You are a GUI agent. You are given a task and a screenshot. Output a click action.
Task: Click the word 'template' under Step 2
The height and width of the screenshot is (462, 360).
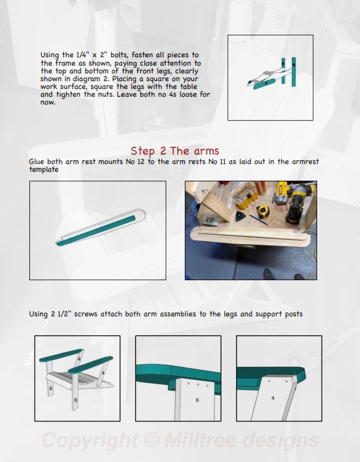[x=44, y=170]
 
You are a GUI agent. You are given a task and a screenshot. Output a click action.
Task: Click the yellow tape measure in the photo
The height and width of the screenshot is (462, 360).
[x=263, y=211]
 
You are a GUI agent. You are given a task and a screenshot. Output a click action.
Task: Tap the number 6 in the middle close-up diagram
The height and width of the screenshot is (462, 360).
[x=197, y=400]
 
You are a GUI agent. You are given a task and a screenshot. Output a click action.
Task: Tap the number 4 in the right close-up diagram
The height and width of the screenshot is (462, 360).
[x=272, y=398]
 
